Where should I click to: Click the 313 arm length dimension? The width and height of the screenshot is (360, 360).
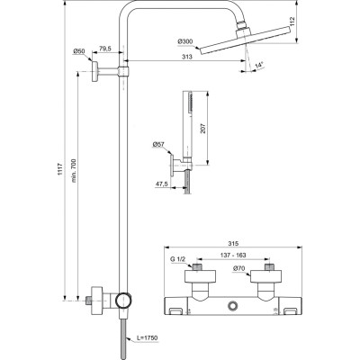pos(185,57)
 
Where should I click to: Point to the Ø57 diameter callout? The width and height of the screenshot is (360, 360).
pos(157,144)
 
